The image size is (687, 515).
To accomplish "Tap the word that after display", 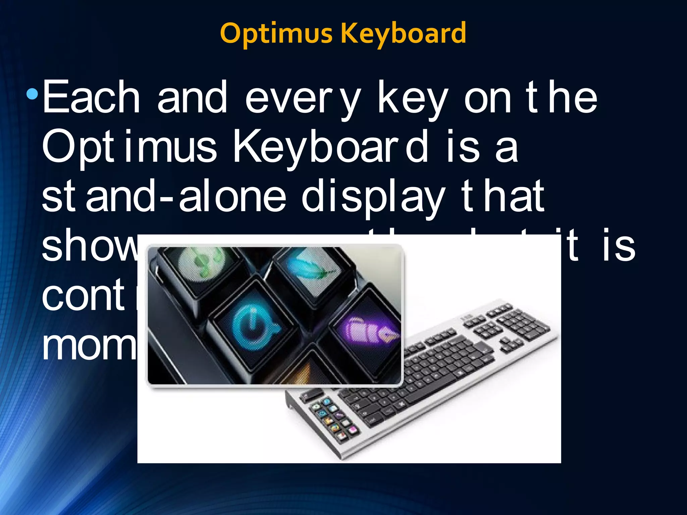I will [x=503, y=196].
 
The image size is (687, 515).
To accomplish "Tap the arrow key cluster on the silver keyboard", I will [x=510, y=345].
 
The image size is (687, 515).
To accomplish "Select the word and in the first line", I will [x=192, y=98].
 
